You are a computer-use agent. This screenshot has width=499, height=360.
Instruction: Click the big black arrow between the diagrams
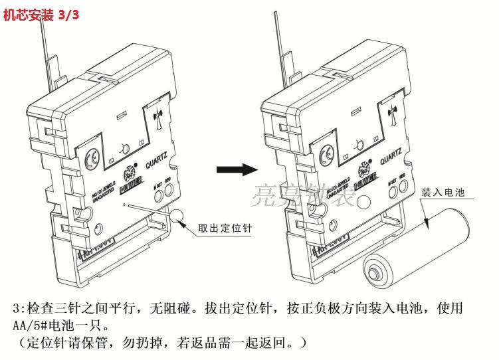[237, 169]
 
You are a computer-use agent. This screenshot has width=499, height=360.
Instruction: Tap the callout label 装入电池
[442, 193]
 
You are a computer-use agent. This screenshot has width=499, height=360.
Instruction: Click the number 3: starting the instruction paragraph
[18, 310]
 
